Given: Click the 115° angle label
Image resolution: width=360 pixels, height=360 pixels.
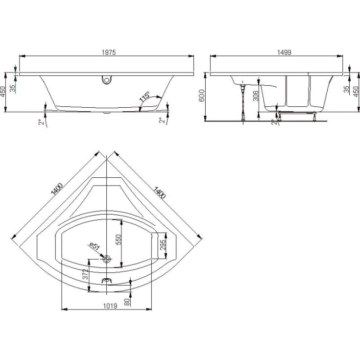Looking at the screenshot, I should pyautogui.click(x=145, y=96).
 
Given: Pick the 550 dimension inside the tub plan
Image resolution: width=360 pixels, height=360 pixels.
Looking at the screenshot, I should pyautogui.click(x=118, y=240).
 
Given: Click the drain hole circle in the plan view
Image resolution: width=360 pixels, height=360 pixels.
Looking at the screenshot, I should pyautogui.click(x=107, y=259).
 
